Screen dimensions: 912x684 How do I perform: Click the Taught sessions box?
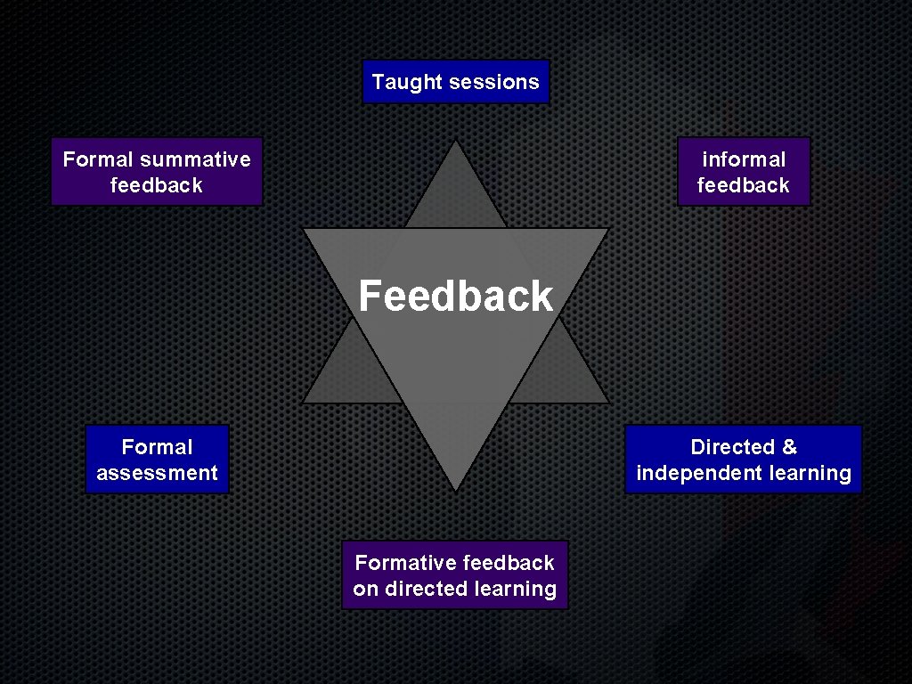pyautogui.click(x=455, y=82)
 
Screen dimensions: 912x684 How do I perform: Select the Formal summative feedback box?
pyautogui.click(x=157, y=172)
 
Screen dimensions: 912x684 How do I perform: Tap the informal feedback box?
pyautogui.click(x=744, y=172)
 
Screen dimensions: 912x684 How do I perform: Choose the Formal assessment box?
pyautogui.click(x=157, y=460)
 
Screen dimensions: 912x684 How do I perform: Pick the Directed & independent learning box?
pyautogui.click(x=744, y=460)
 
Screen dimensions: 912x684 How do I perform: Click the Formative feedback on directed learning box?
pyautogui.click(x=454, y=575)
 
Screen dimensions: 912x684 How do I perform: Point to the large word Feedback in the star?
pyautogui.click(x=455, y=296)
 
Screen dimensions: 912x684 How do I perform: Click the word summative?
pyautogui.click(x=195, y=159)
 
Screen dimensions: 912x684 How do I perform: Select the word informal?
pyautogui.click(x=744, y=159)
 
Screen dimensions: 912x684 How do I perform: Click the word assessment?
pyautogui.click(x=157, y=473)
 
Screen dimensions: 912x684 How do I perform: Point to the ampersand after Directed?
pyautogui.click(x=788, y=447)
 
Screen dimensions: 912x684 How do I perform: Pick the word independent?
pyautogui.click(x=691, y=473)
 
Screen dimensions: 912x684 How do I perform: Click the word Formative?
pyautogui.click(x=405, y=563)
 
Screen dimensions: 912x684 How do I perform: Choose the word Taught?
pyautogui.click(x=407, y=82)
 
